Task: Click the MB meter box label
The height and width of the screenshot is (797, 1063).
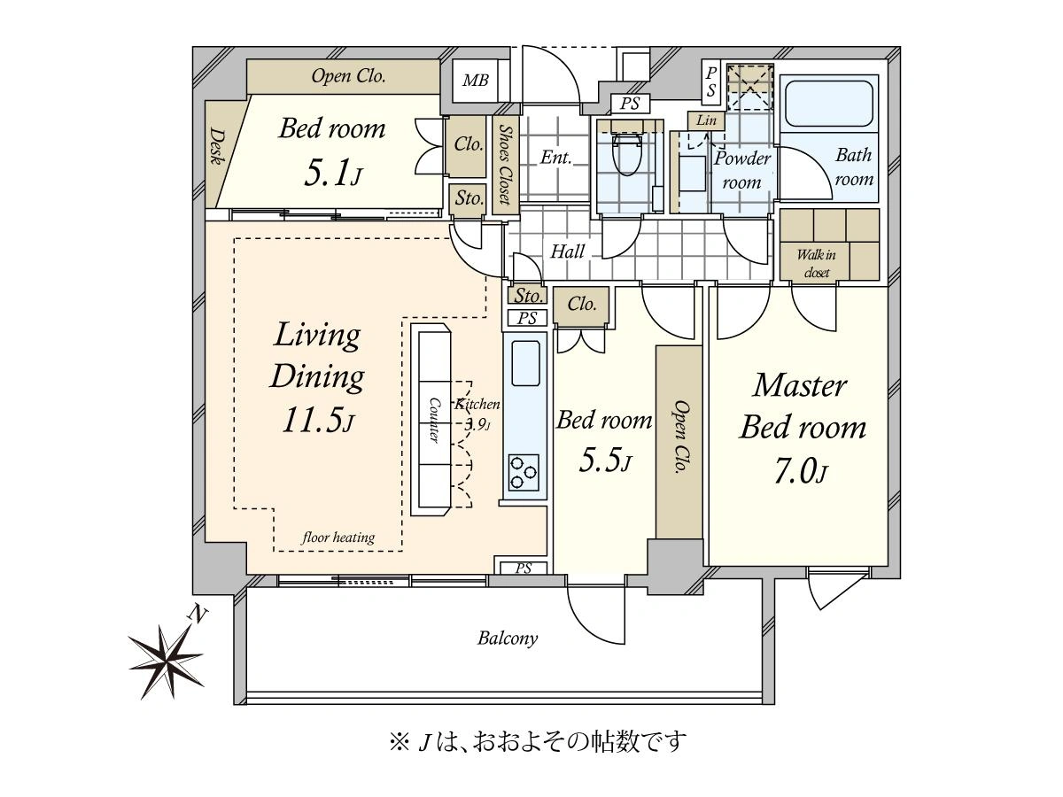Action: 475,80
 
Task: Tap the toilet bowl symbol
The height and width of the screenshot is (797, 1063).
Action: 627,154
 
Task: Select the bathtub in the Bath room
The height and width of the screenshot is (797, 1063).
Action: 828,104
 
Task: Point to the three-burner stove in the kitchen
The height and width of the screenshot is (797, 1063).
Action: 524,473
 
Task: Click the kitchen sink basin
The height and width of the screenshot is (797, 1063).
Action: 525,363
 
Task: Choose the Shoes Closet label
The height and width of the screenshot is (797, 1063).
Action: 505,165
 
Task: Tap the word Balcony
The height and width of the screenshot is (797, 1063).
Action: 507,638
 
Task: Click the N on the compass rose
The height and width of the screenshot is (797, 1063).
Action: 197,615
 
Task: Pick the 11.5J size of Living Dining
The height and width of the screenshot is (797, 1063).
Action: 317,420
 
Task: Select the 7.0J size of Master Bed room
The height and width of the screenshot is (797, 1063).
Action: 801,471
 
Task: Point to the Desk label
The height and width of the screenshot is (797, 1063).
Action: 216,146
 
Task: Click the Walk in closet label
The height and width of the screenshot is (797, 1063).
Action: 817,263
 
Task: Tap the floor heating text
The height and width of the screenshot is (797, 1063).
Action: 338,538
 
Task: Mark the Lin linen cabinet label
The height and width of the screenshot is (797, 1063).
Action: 706,120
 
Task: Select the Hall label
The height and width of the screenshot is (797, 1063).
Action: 567,251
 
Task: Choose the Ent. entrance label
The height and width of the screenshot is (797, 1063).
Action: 555,158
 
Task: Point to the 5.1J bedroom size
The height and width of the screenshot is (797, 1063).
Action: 333,174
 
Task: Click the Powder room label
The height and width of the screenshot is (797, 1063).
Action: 742,170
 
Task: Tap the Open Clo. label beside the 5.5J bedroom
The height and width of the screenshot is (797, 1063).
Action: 680,437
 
